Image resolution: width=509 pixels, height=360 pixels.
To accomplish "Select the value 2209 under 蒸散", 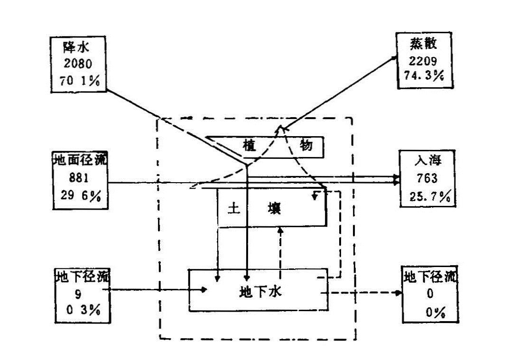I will tap(423, 60).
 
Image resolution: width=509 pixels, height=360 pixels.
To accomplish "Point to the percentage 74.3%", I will tap(424, 75).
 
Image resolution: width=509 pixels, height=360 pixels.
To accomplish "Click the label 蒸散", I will tap(424, 45).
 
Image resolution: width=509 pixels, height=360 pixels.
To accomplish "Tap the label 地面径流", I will tap(80, 160).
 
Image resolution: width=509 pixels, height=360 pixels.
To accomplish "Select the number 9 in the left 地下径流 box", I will tap(77, 294).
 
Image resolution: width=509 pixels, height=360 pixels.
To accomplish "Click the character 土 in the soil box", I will tap(233, 209).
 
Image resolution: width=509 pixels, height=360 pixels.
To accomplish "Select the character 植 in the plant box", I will tap(248, 146).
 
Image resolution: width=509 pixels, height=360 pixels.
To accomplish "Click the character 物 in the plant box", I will tap(306, 146).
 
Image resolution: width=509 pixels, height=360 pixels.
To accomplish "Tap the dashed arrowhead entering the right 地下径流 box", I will tap(398, 293).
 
